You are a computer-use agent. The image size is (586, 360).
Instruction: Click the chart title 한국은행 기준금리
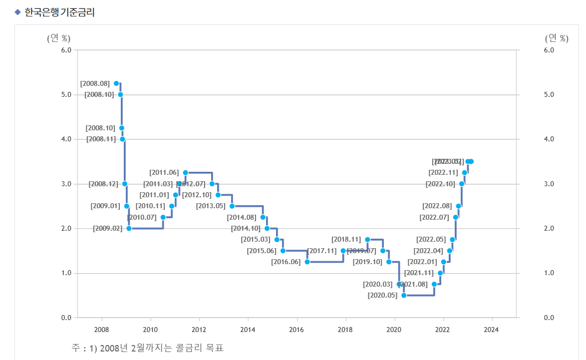(60, 12)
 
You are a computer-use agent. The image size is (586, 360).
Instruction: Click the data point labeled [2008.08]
(116, 83)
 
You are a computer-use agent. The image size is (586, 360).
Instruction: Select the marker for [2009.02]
(129, 228)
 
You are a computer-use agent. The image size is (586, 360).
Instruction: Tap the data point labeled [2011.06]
(185, 173)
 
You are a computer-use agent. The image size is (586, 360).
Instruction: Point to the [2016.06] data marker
(307, 262)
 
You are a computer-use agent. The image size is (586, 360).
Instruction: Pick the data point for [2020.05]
(404, 295)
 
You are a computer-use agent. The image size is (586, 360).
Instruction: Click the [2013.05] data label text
(211, 206)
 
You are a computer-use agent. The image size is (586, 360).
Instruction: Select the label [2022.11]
(443, 173)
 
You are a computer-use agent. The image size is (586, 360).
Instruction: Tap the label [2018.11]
(346, 240)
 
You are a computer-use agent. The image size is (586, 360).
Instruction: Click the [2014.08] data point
(263, 217)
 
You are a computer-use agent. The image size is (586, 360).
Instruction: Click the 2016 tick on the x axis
(297, 330)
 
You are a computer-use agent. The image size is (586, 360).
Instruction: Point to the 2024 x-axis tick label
(492, 330)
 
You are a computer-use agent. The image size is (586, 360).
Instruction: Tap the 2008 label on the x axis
(102, 330)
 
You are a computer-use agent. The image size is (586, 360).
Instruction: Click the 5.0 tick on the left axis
(66, 94)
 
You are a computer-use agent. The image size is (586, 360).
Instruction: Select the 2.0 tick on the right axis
(550, 228)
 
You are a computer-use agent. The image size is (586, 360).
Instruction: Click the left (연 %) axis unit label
(58, 38)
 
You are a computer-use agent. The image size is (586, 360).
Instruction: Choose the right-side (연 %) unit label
(557, 38)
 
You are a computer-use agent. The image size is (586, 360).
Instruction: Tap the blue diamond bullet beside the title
(17, 12)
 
